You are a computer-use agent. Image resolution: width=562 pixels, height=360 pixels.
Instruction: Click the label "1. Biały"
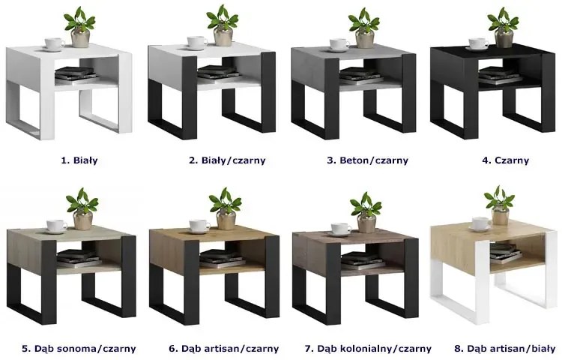(79, 160)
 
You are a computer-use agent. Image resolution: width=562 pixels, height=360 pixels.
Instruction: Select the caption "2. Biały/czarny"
(227, 160)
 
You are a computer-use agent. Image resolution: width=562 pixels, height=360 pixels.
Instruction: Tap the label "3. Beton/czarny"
(367, 160)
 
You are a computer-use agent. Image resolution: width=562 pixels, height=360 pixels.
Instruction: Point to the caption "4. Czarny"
(505, 160)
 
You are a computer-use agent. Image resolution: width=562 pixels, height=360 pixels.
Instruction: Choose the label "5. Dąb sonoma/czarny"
(79, 348)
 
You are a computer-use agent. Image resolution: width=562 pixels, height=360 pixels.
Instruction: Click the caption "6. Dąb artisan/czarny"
(223, 348)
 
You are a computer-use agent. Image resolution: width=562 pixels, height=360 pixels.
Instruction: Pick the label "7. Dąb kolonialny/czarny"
(368, 348)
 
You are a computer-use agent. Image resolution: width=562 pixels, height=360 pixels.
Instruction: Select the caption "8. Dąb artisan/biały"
(504, 348)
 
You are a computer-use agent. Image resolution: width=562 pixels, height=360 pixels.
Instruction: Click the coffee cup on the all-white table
(54, 44)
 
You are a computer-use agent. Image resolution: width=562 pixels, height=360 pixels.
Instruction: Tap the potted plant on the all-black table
(504, 28)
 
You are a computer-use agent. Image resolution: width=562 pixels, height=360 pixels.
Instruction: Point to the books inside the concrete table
(357, 76)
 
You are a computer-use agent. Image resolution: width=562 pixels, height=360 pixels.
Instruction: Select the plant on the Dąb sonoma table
(82, 209)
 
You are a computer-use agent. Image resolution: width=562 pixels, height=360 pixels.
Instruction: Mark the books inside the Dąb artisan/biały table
(505, 251)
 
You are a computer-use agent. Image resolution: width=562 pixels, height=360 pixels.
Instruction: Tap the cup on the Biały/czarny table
(196, 43)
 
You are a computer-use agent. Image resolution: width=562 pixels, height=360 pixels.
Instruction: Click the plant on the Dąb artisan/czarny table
(226, 209)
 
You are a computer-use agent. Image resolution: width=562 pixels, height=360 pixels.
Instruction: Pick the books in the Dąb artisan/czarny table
(217, 259)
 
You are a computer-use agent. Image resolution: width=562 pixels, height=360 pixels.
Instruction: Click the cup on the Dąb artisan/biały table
(480, 224)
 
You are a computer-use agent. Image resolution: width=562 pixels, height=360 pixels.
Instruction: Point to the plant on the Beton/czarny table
(364, 28)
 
